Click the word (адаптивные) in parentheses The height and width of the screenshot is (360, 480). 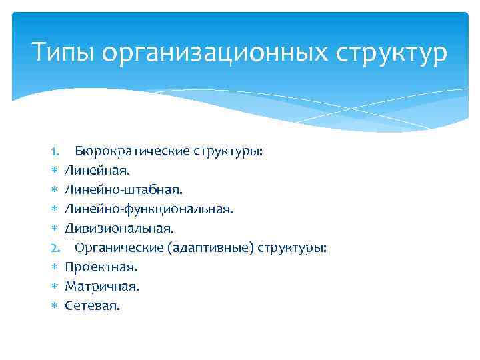(211, 248)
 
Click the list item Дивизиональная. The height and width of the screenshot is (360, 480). (119, 229)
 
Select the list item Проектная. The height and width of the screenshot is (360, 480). (101, 267)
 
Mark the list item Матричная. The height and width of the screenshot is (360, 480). (102, 287)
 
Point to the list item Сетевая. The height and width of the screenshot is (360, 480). (93, 306)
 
